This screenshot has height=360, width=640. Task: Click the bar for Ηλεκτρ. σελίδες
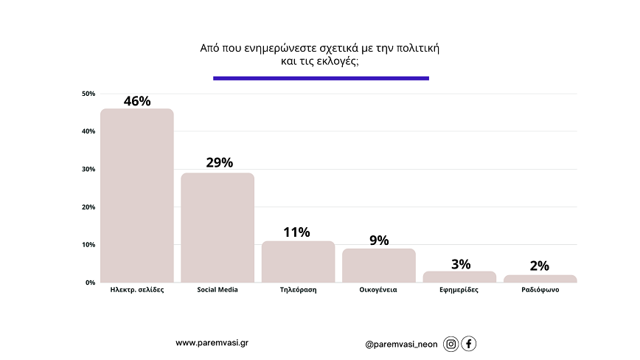pos(137,195)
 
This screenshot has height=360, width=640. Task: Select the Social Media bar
pos(218,227)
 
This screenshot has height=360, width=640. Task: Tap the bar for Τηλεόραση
pos(298,262)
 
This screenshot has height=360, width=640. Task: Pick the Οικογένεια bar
pos(378,266)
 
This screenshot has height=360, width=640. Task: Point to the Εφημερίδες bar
pos(459,277)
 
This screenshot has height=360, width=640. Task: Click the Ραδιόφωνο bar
pos(540,279)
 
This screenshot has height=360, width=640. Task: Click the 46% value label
pos(137,101)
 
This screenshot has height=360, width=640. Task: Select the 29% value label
pos(219,162)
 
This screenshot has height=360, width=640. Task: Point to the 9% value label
pos(379,240)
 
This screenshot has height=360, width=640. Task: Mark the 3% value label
pos(459,263)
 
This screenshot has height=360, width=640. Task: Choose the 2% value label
pos(540,266)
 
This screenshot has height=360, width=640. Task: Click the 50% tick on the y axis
pos(88,94)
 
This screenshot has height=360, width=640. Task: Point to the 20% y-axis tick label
pos(88,207)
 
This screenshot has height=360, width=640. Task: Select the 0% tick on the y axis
pos(91,283)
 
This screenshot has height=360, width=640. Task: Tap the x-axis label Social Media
pos(218,290)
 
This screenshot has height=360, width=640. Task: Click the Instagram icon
pos(451,344)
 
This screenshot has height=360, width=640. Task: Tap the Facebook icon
pos(469,344)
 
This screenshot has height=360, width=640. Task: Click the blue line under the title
pos(321,78)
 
